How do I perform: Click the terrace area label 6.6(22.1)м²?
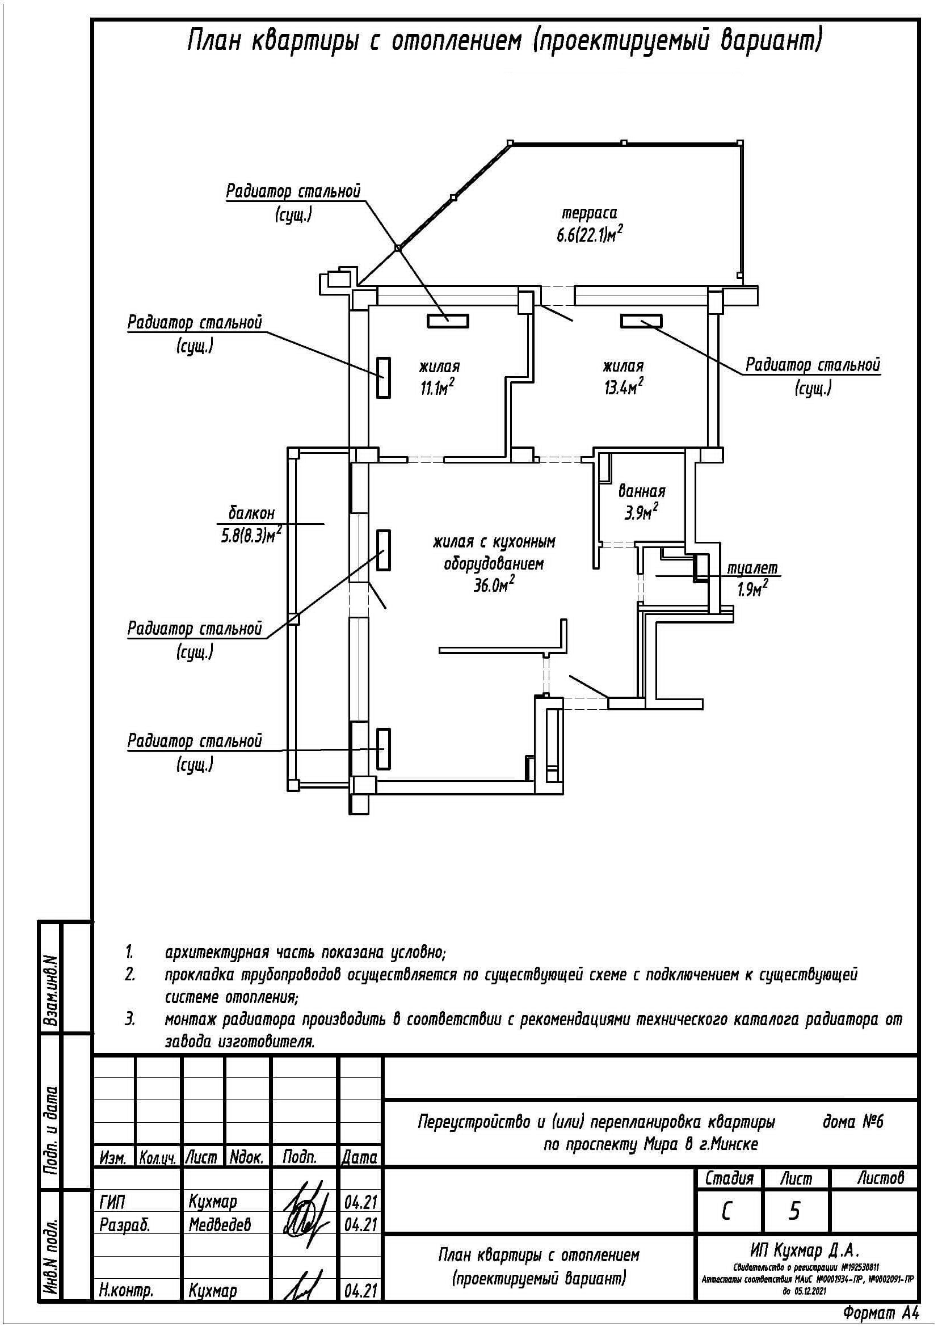(x=590, y=236)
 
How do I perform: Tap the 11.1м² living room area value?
(x=436, y=387)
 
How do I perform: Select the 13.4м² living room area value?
(x=624, y=387)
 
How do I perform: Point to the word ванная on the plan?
(x=642, y=491)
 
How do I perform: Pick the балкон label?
(x=251, y=513)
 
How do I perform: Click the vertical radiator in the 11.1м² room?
(x=383, y=377)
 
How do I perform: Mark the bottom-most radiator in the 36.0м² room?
(x=383, y=748)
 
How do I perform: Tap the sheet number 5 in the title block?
(x=795, y=1210)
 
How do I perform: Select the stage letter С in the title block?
(x=727, y=1210)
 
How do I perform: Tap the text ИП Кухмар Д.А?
(x=805, y=1251)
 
